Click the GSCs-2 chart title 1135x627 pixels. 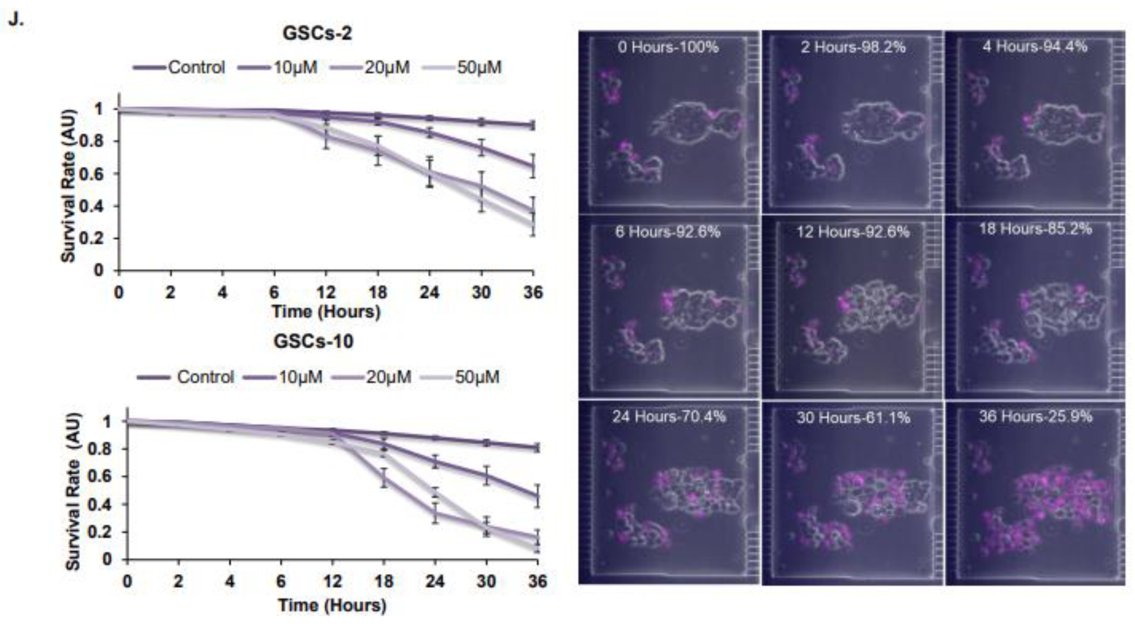click(317, 33)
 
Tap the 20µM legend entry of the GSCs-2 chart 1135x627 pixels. click(370, 68)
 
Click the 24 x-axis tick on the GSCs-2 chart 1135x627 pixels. click(429, 292)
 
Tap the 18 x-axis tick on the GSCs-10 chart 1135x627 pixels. click(383, 581)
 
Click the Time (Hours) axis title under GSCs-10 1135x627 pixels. click(332, 605)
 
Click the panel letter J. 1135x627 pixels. click(15, 20)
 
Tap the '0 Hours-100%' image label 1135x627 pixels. click(668, 47)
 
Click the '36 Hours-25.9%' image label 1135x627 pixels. click(1036, 417)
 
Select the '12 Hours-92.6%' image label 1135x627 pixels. click(853, 232)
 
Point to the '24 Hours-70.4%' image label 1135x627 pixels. click(669, 417)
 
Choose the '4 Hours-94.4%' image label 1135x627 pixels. click(1034, 47)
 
